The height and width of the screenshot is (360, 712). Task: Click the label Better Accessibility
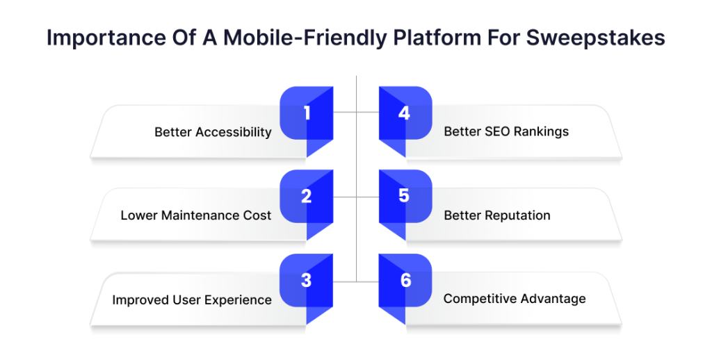tap(213, 133)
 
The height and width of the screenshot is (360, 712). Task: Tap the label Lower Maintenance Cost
tap(195, 215)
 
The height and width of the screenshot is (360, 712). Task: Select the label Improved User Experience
tap(192, 300)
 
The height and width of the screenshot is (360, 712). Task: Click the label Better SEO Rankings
tap(506, 131)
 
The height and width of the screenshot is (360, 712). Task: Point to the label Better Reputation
tap(496, 215)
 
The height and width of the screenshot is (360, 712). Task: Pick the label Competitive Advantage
tap(515, 299)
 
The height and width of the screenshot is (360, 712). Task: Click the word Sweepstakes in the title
tap(595, 38)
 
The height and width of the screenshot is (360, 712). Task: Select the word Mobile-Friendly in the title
tap(305, 38)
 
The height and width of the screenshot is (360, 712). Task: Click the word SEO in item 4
tap(496, 131)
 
